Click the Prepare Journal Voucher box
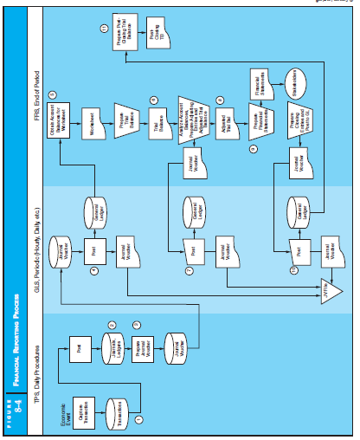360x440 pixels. click(x=149, y=349)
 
